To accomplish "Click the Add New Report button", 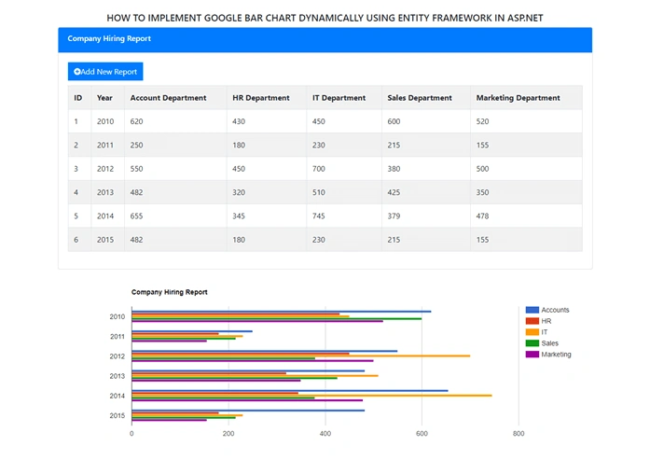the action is pyautogui.click(x=105, y=71).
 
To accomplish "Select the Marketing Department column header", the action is pyautogui.click(x=518, y=98).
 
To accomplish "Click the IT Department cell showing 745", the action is pyautogui.click(x=318, y=216).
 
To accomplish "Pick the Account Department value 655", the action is pyautogui.click(x=136, y=216).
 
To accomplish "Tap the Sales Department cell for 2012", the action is pyautogui.click(x=394, y=169).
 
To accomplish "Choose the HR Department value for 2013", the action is pyautogui.click(x=239, y=192).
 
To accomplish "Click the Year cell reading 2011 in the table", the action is pyautogui.click(x=105, y=146).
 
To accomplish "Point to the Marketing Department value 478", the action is pyautogui.click(x=482, y=216).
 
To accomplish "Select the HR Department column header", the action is pyautogui.click(x=261, y=98).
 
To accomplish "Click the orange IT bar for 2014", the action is pyautogui.click(x=311, y=396).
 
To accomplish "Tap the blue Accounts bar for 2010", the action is pyautogui.click(x=282, y=312).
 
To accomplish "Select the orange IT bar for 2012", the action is pyautogui.click(x=301, y=355).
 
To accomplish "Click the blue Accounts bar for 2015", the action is pyautogui.click(x=248, y=411).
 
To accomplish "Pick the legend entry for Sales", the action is pyautogui.click(x=542, y=343).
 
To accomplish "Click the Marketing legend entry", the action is pyautogui.click(x=548, y=355).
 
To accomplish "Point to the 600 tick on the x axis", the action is pyautogui.click(x=422, y=433).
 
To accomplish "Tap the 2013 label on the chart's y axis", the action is pyautogui.click(x=117, y=376).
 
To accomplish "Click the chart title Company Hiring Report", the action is pyautogui.click(x=169, y=292).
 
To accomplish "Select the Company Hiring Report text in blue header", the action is pyautogui.click(x=109, y=38).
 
